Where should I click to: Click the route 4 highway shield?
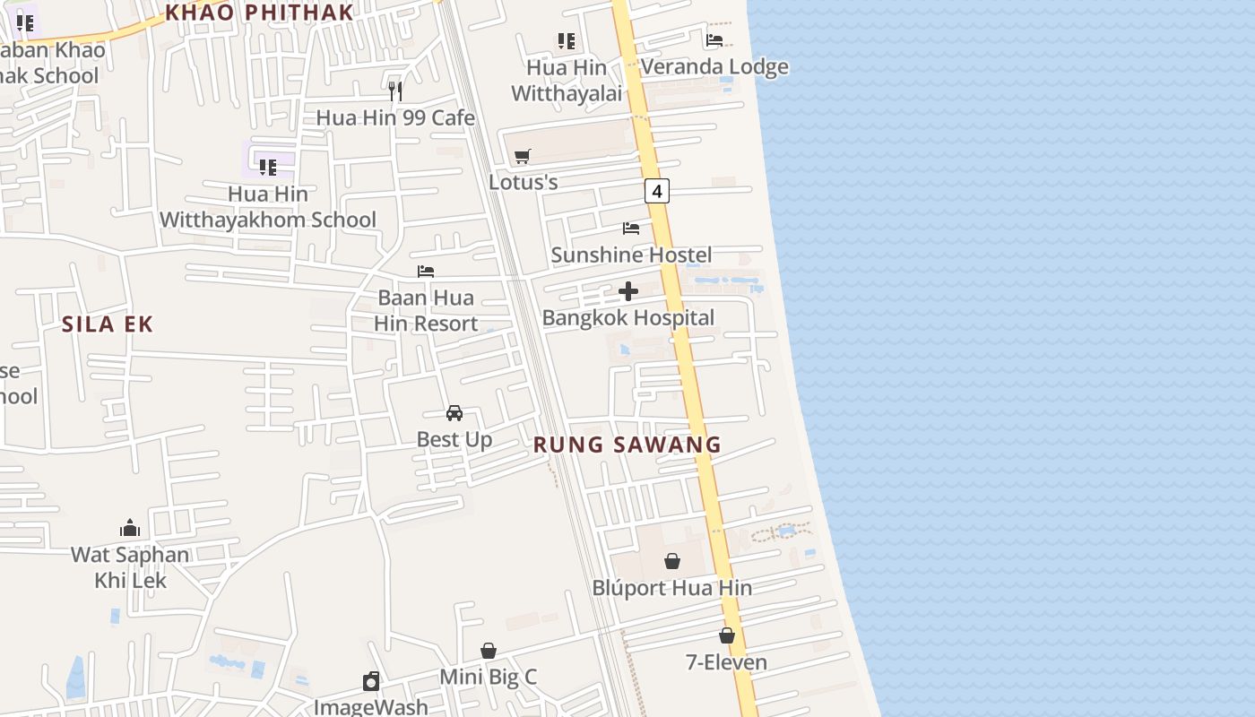tap(657, 191)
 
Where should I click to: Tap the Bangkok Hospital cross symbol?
tap(628, 291)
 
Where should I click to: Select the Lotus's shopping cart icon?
tap(523, 157)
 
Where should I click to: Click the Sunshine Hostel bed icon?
tap(631, 229)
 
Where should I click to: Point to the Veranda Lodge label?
tap(714, 66)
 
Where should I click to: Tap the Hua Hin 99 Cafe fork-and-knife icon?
tap(395, 91)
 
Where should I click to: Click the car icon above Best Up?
tap(454, 413)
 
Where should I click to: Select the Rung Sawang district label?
tap(627, 445)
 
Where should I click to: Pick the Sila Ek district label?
tap(108, 324)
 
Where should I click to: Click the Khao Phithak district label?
tap(259, 12)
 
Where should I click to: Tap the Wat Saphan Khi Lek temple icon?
tap(130, 528)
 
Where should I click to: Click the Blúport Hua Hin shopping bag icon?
tap(672, 561)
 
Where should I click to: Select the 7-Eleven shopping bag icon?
tap(727, 635)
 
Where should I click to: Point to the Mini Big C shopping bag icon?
tap(489, 651)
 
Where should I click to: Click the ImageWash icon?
tap(371, 681)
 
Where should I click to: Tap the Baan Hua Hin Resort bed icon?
tap(426, 271)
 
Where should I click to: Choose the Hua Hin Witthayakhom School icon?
tap(267, 167)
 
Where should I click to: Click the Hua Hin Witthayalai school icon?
tap(566, 40)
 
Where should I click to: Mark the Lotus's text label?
tap(524, 182)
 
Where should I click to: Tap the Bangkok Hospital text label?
tap(628, 317)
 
